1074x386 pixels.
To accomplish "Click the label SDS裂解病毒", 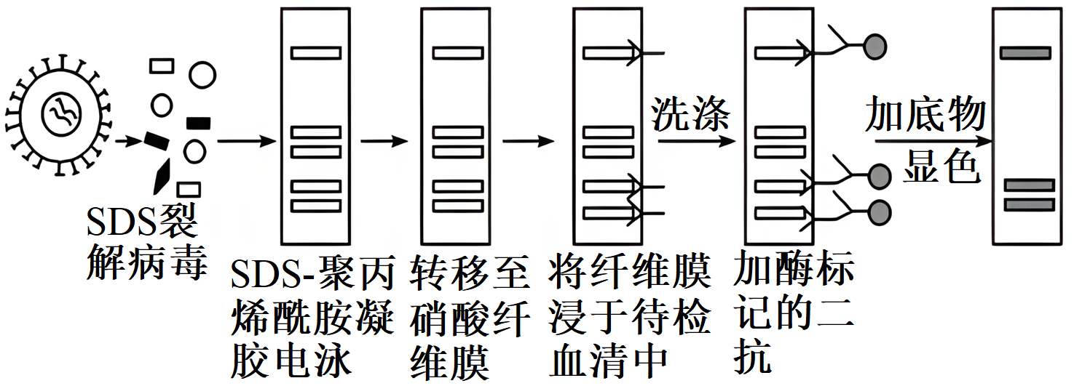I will (x=141, y=244).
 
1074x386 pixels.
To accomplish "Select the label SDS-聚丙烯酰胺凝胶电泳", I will (x=312, y=320).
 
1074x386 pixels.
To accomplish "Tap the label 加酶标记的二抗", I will (x=793, y=320).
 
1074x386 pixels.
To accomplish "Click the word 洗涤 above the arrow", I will (x=690, y=114).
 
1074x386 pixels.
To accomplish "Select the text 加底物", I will (x=925, y=115).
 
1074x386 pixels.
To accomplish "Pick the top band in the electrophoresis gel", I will (x=316, y=52).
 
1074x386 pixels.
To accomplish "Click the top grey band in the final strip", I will (x=1025, y=52).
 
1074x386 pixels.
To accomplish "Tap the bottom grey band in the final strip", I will (x=1030, y=204).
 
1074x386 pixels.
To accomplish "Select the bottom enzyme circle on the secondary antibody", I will (x=880, y=210).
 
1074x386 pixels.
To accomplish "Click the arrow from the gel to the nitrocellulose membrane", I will (x=384, y=141).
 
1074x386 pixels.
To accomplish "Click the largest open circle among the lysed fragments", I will (x=202, y=74).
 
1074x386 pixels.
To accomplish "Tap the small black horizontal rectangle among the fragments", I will (x=198, y=121).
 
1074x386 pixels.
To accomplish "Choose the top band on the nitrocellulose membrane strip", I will (x=458, y=52).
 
